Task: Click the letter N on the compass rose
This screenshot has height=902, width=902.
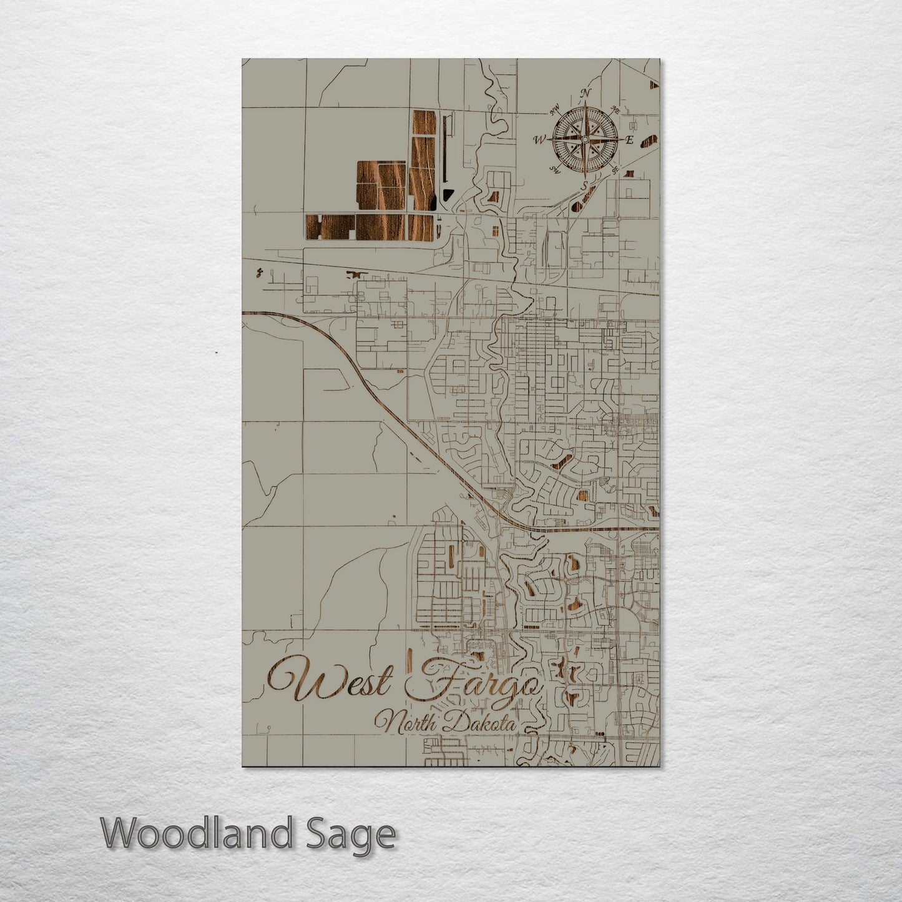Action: (586, 94)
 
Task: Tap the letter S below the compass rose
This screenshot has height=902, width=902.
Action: (584, 185)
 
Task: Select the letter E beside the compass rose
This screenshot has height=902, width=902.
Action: (629, 140)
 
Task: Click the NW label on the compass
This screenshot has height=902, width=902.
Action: (553, 112)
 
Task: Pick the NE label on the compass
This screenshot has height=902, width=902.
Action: (615, 110)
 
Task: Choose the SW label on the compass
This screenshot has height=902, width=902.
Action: (554, 169)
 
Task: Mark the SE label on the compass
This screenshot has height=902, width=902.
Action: (615, 169)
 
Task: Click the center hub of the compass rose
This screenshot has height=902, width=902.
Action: (584, 139)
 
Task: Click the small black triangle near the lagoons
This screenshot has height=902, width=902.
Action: (446, 195)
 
